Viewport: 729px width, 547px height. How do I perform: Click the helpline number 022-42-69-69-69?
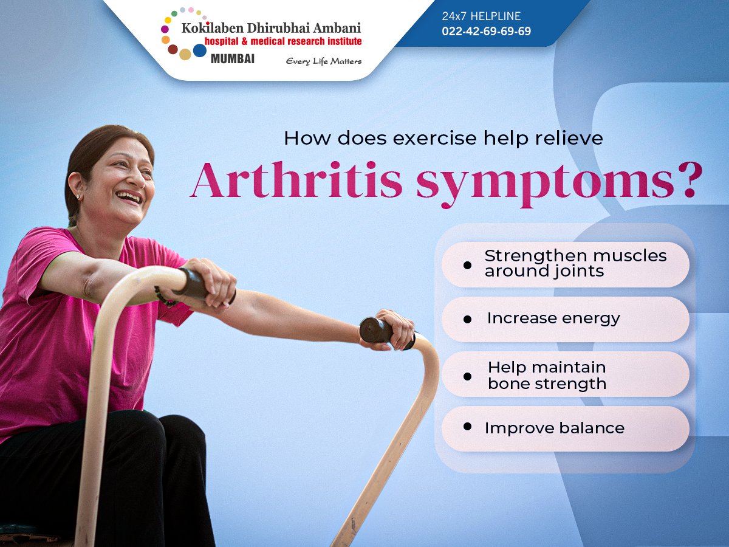point(486,31)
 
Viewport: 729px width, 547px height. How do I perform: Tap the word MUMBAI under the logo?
point(233,59)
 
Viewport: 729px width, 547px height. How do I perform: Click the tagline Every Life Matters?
point(323,61)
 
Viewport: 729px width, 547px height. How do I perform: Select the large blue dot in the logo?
point(200,50)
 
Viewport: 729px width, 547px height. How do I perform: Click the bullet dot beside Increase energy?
point(467,320)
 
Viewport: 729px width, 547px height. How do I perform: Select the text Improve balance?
point(554,428)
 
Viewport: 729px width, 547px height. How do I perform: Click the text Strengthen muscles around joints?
point(575,263)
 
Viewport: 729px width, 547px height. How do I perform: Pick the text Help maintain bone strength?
point(547,375)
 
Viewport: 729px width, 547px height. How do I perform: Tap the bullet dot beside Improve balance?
point(467,427)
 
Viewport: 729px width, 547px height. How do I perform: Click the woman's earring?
point(78,197)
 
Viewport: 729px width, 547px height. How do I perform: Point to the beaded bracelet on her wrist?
point(165,297)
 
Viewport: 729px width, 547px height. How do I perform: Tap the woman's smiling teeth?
point(129,196)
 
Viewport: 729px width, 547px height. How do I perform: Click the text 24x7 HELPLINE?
point(481,16)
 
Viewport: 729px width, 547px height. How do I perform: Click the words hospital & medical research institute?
point(283,41)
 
